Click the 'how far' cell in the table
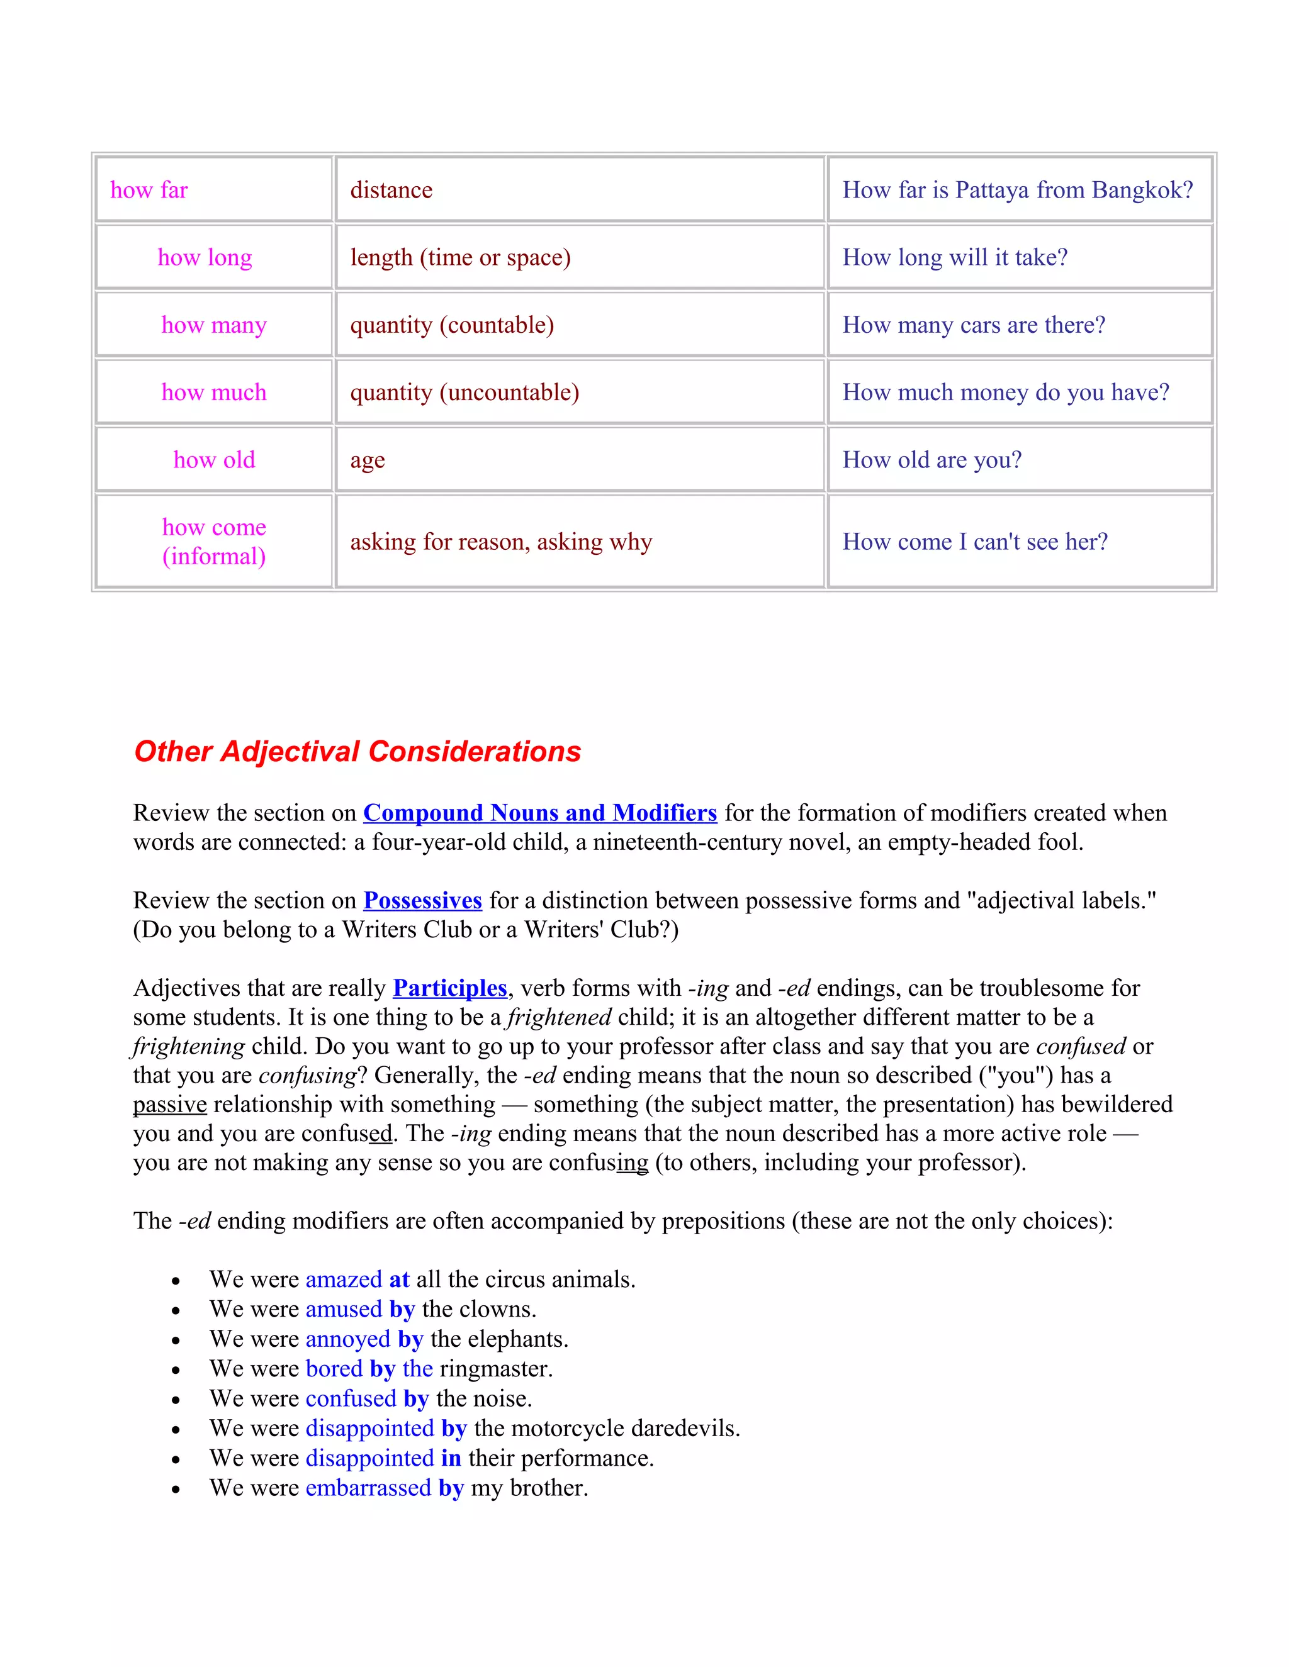point(149,190)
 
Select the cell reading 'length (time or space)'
point(461,257)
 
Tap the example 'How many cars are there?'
point(974,325)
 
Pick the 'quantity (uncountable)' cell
point(464,393)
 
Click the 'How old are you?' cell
point(932,459)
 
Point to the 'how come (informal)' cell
point(214,541)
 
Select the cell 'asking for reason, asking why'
point(501,542)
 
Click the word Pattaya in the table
point(992,190)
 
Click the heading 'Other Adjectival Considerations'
point(357,752)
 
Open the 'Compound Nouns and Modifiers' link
point(540,813)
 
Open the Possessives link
point(422,901)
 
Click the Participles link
point(450,988)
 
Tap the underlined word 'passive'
point(169,1105)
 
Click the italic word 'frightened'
point(559,1017)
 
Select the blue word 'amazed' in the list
point(344,1280)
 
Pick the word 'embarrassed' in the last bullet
point(368,1488)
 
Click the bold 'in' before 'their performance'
point(451,1458)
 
